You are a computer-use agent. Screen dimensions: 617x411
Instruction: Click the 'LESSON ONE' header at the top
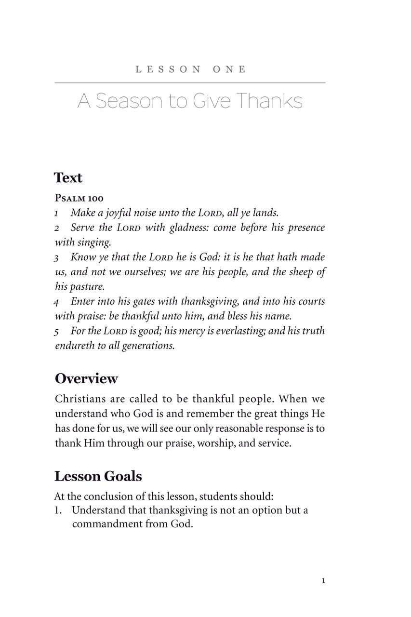pyautogui.click(x=190, y=69)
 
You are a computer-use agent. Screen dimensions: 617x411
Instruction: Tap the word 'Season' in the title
pyautogui.click(x=129, y=101)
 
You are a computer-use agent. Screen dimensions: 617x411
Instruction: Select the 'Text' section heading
pyautogui.click(x=68, y=177)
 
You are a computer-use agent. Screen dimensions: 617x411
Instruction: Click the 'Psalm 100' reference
pyautogui.click(x=79, y=198)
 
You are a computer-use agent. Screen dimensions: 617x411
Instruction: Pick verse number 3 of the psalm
pyautogui.click(x=57, y=258)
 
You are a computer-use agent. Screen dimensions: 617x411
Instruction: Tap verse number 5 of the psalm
pyautogui.click(x=57, y=332)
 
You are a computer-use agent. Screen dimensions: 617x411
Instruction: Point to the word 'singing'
pyautogui.click(x=94, y=242)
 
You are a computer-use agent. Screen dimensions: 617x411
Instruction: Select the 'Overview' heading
pyautogui.click(x=86, y=378)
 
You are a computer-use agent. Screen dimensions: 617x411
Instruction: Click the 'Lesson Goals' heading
pyautogui.click(x=98, y=476)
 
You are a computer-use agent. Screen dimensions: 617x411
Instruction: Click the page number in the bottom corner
pyautogui.click(x=323, y=581)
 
